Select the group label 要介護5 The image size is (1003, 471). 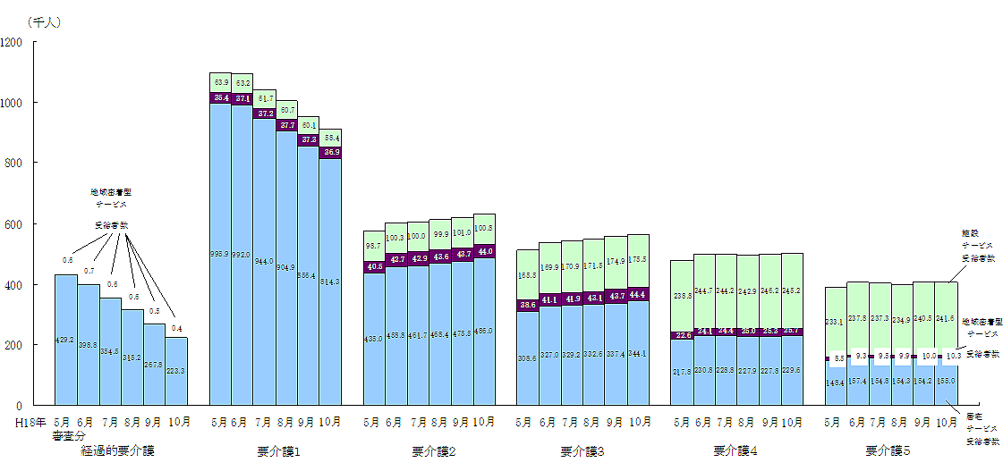888,451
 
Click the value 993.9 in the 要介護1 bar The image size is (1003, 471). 220,254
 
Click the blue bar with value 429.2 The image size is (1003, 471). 66,340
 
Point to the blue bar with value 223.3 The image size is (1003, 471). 176,371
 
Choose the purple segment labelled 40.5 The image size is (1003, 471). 374,266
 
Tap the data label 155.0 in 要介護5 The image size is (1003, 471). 947,382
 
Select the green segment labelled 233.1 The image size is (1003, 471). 835,322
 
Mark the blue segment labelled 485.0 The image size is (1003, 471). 484,331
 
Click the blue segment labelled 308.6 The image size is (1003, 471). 528,357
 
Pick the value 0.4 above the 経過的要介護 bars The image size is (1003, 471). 177,329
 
